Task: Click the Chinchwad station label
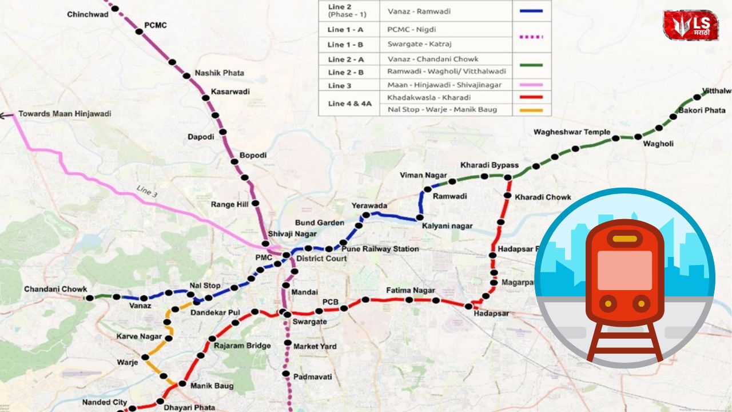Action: tap(87, 14)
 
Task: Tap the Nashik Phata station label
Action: tap(219, 73)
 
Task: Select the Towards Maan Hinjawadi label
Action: tap(65, 114)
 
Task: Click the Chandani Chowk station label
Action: tap(55, 290)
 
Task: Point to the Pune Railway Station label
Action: tap(380, 249)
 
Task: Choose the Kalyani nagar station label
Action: tap(447, 226)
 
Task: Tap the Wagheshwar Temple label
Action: tap(572, 132)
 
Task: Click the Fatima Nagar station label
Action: tap(410, 291)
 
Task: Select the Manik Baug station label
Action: tap(212, 386)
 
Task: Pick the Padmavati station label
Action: tap(312, 377)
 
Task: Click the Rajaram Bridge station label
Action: tap(242, 346)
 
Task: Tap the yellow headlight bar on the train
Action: tap(624, 239)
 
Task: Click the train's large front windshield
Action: tap(624, 270)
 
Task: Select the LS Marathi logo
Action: tap(690, 25)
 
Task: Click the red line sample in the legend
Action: tap(531, 97)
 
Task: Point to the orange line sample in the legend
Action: tap(531, 110)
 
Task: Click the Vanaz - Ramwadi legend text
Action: tap(417, 11)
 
